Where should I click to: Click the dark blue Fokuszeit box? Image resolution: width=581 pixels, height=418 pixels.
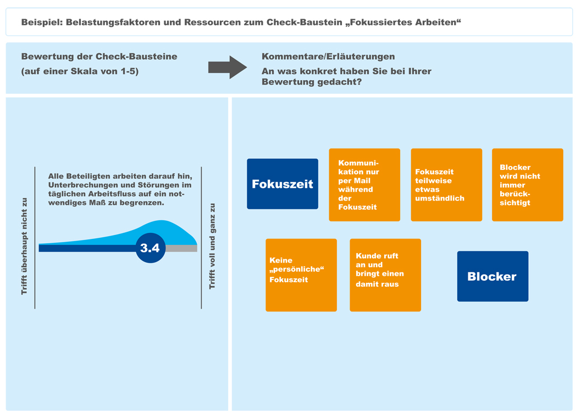coord(283,184)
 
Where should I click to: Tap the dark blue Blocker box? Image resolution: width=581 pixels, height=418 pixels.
coord(493,276)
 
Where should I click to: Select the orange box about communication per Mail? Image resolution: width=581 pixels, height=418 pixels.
coord(364,185)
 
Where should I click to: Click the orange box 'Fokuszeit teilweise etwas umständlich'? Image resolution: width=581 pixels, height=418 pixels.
coord(446,185)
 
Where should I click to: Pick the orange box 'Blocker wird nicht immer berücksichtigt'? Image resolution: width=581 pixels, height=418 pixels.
coord(528,185)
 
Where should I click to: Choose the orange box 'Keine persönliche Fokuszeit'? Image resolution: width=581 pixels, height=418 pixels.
coord(301,275)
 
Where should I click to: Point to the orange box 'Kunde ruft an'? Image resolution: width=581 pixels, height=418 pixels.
coord(385,275)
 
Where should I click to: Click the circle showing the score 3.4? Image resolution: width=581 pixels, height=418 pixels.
coord(151,248)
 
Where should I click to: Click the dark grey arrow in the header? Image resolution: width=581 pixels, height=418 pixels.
coord(228,67)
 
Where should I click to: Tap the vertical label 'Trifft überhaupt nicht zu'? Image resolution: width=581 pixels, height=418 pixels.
coord(24,246)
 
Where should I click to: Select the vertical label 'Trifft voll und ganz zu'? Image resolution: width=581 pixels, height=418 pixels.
coord(212,246)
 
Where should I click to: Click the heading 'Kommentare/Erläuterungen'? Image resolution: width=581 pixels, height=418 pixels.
coord(328,57)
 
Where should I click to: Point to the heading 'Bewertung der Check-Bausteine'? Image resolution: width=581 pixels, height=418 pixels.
coord(99,57)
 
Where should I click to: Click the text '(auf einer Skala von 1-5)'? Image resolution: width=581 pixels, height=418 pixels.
coord(80,71)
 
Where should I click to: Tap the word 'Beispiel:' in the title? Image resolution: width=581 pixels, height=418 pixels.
coord(42,22)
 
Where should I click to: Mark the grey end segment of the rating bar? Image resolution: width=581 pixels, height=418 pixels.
coord(181,248)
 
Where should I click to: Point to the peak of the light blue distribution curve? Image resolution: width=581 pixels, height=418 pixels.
coord(162,221)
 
